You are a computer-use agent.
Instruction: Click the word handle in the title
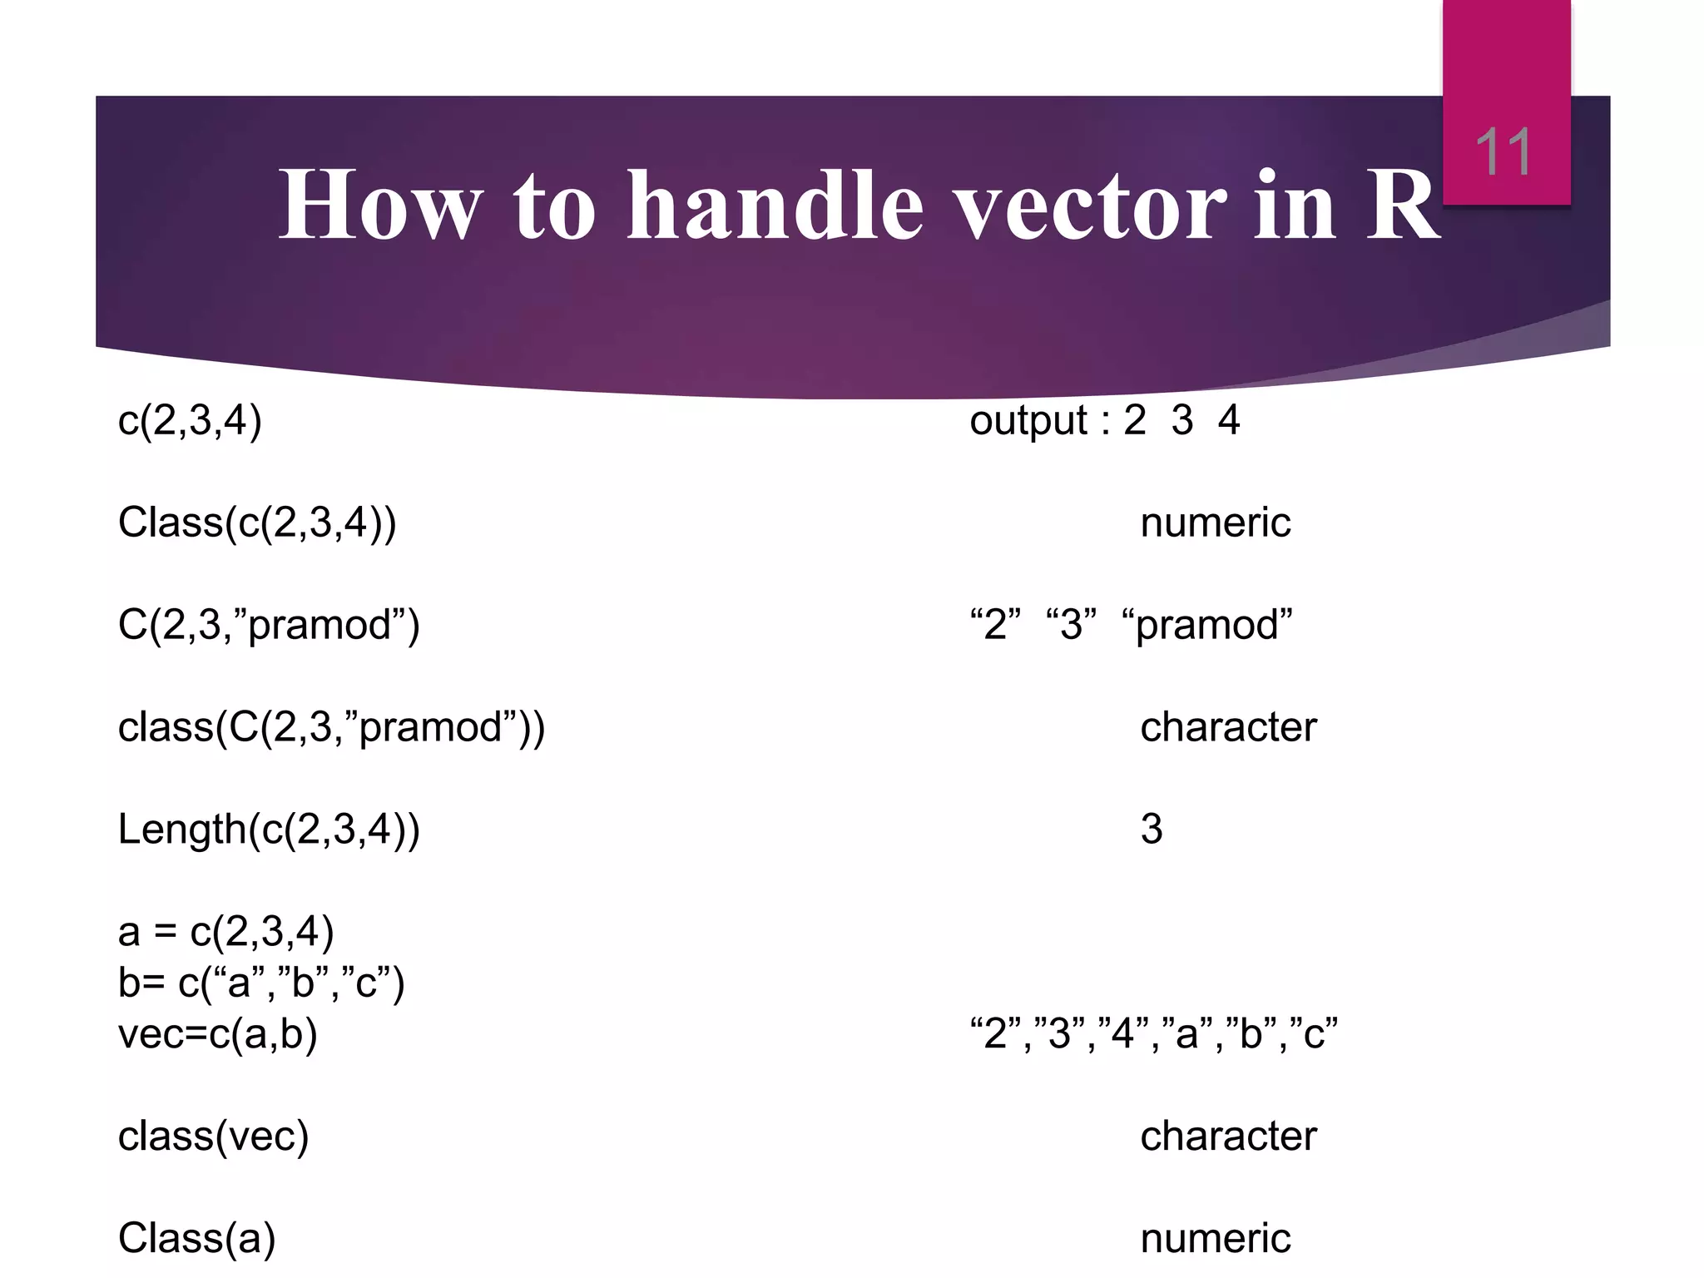775,205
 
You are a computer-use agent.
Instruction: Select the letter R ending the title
1402,205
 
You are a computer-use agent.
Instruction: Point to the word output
1028,420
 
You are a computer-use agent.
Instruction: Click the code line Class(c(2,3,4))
257,523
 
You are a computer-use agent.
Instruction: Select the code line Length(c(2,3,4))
269,829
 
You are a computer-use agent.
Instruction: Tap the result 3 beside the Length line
1152,829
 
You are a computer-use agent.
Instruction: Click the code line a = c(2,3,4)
226,931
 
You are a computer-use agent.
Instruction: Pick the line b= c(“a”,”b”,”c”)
261,983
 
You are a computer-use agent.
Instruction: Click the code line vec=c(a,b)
218,1034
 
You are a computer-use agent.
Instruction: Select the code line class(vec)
214,1137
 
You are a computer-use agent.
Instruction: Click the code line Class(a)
197,1238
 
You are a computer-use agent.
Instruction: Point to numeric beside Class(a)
1215,1238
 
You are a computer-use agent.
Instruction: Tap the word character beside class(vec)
1228,1137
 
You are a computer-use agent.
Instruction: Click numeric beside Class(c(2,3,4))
1215,523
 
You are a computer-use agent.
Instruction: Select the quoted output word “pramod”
1207,625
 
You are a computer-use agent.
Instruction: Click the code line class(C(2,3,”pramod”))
331,727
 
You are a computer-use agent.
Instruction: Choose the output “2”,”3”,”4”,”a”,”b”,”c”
1154,1034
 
